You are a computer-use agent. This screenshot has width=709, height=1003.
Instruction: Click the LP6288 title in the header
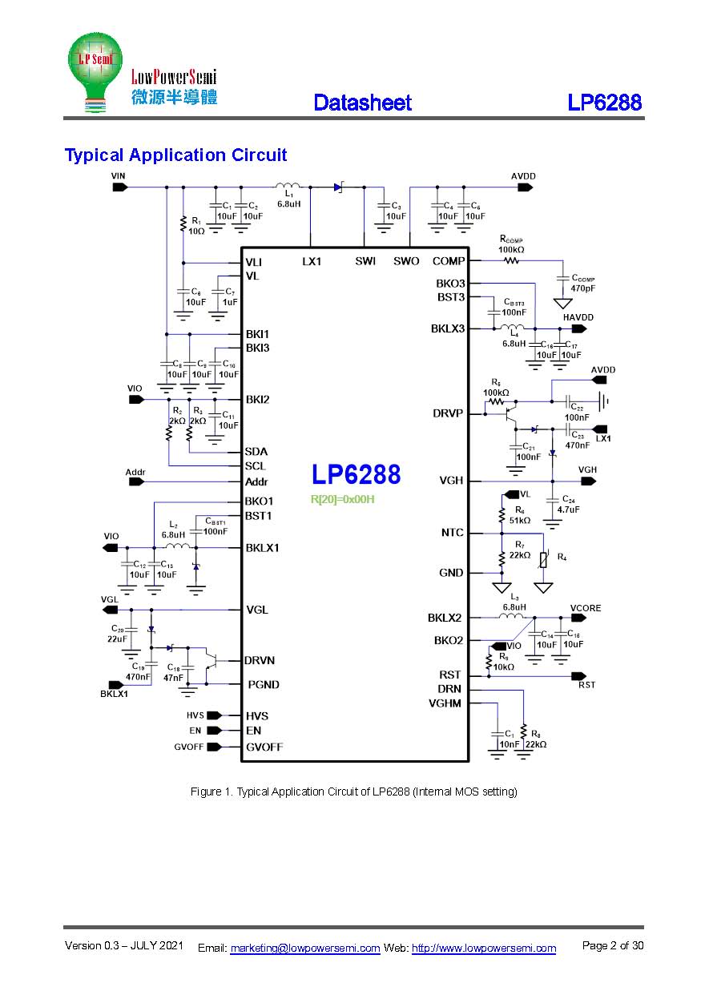click(605, 103)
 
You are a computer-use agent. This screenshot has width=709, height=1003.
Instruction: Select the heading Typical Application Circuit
click(175, 155)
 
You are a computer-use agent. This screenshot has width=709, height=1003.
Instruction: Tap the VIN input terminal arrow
click(119, 187)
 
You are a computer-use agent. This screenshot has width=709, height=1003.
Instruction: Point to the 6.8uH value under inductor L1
click(288, 204)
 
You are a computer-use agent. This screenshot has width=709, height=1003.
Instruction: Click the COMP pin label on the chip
click(448, 261)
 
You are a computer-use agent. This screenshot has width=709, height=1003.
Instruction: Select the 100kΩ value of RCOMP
click(511, 250)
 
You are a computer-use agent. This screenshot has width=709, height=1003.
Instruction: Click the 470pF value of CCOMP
click(582, 288)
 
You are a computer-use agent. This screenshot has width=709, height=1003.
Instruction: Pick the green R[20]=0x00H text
click(343, 499)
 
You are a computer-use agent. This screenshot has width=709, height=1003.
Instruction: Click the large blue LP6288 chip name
click(356, 475)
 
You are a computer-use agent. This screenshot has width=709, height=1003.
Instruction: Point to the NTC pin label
click(452, 533)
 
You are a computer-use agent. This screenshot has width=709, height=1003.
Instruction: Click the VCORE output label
click(585, 608)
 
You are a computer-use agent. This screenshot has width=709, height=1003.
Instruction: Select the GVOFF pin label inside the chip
click(264, 747)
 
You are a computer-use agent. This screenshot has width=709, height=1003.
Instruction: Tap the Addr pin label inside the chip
click(256, 482)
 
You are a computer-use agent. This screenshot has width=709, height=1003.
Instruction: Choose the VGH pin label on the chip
click(450, 481)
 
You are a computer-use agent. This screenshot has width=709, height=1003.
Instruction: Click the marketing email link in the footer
click(304, 949)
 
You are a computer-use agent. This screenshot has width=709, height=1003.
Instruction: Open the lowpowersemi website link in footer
click(483, 949)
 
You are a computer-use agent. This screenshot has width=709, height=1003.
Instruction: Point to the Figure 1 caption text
click(353, 792)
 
